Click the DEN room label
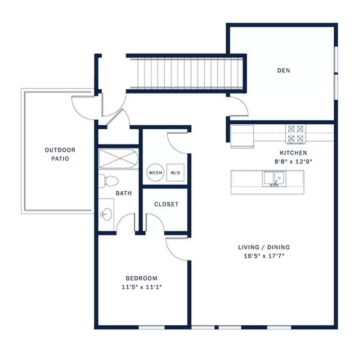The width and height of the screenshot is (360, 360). tap(283, 71)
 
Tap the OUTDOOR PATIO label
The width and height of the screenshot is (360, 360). tap(60, 154)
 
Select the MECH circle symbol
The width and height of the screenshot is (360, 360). tap(155, 173)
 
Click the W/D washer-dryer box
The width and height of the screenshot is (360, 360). tap(175, 173)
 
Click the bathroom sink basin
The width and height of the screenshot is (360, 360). tap(107, 215)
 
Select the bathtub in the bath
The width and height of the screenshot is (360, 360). tap(118, 159)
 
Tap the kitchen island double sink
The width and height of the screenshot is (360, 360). tap(274, 179)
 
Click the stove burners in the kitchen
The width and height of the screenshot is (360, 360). tap(296, 134)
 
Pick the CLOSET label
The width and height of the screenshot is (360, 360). tap(166, 204)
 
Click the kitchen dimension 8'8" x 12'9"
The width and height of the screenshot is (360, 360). tap(293, 162)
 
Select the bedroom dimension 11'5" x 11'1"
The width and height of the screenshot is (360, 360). tap(142, 287)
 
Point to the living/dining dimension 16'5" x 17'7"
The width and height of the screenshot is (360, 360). tap(264, 256)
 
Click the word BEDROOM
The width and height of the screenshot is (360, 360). tap(142, 278)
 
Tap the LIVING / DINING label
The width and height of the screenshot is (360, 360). tap(264, 247)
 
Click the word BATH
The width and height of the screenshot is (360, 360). tap(124, 193)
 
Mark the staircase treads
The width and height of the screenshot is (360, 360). tap(187, 73)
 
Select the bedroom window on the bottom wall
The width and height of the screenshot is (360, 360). tap(152, 328)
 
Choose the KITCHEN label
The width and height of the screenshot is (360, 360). tap(293, 153)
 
